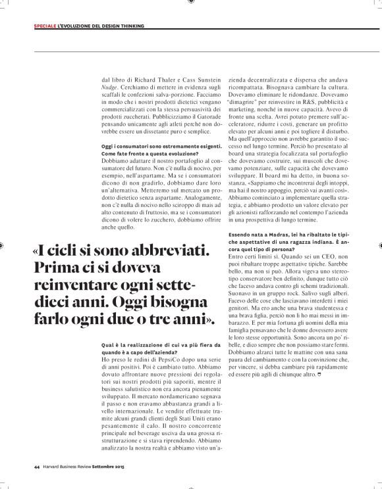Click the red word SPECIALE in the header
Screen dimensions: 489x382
pos(44,26)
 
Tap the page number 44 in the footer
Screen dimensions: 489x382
pos(37,467)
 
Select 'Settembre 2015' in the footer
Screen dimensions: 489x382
pos(110,467)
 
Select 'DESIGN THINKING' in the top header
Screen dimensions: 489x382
pos(120,26)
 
